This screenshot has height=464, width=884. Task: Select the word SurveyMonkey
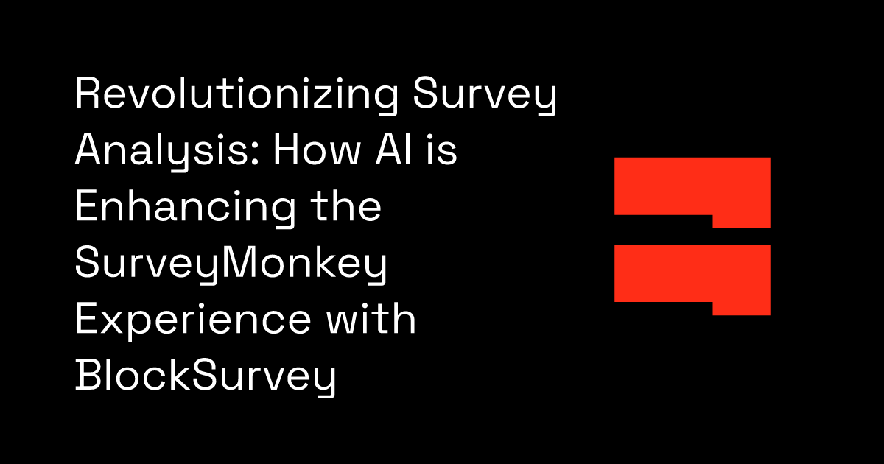(x=231, y=265)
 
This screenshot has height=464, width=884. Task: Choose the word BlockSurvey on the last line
(x=206, y=378)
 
